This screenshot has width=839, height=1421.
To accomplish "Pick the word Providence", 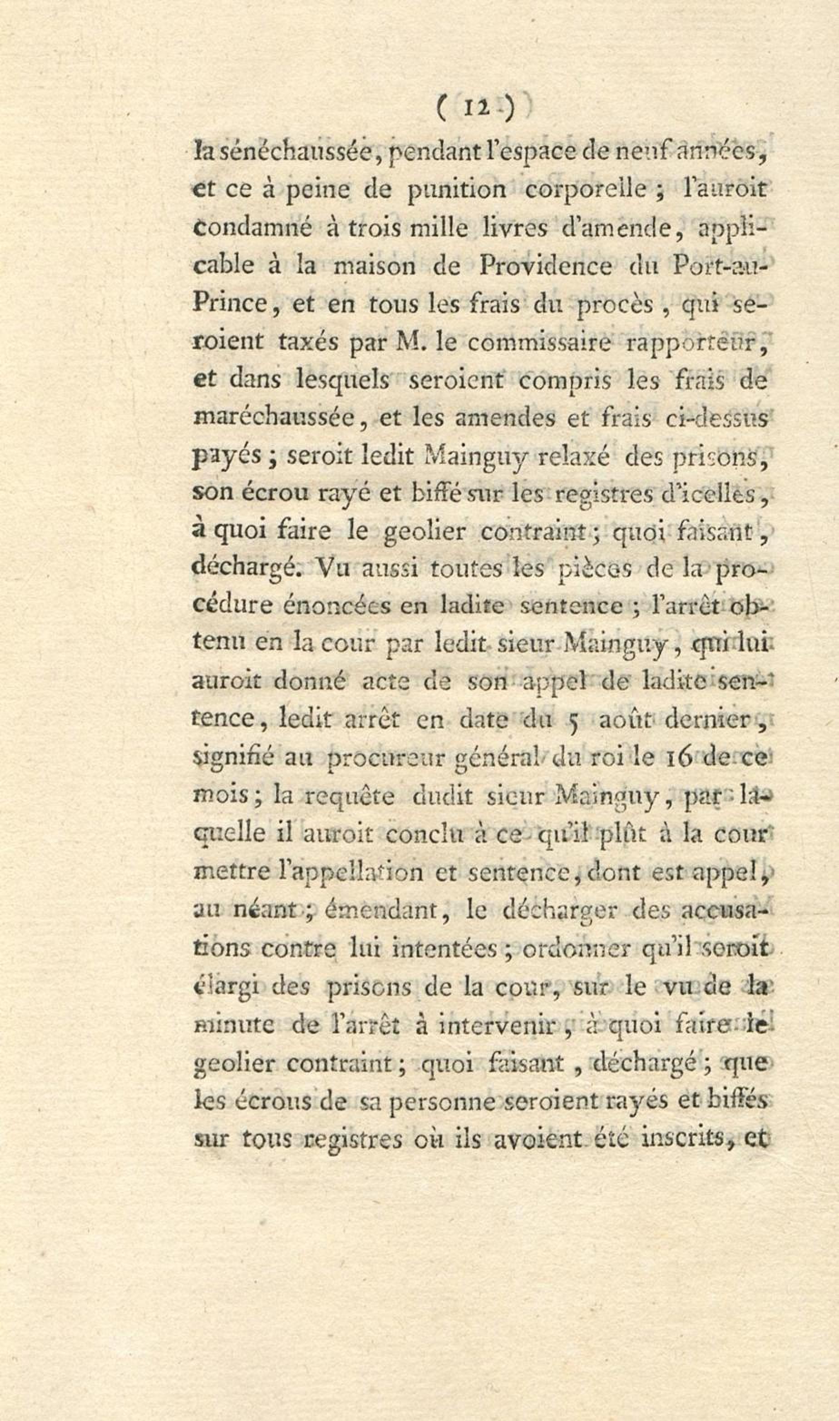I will pyautogui.click(x=544, y=266).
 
